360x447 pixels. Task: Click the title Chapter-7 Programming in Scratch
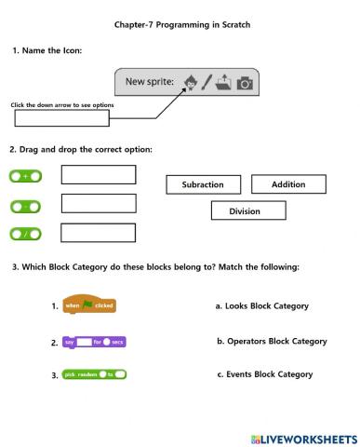[x=181, y=25]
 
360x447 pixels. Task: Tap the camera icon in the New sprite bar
[x=245, y=84]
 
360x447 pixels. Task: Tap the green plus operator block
[x=26, y=176]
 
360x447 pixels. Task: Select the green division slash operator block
[x=26, y=234]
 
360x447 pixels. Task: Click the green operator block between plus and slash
[x=26, y=205]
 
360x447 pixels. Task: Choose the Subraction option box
[x=203, y=184]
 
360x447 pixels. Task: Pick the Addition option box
[x=288, y=184]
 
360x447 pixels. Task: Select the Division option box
[x=245, y=211]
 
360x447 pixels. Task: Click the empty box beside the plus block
[x=98, y=175]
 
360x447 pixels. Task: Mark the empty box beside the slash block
[x=98, y=233]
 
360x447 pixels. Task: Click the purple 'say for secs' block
[x=94, y=342]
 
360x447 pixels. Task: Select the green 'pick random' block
[x=94, y=374]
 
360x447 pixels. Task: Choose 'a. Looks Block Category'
[x=261, y=305]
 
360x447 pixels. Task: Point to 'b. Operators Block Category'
[x=272, y=341]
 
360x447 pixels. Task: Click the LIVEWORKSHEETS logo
[x=303, y=437]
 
